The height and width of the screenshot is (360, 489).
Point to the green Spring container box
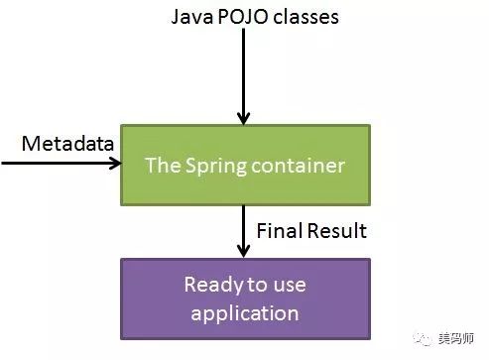pyautogui.click(x=245, y=165)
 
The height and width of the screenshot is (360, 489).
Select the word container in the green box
pyautogui.click(x=305, y=165)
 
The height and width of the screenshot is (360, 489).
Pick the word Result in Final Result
pyautogui.click(x=334, y=231)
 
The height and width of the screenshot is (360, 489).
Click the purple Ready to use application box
pyautogui.click(x=245, y=299)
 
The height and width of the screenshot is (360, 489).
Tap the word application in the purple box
pyautogui.click(x=245, y=313)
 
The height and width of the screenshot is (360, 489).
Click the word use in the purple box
pyautogui.click(x=289, y=286)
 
